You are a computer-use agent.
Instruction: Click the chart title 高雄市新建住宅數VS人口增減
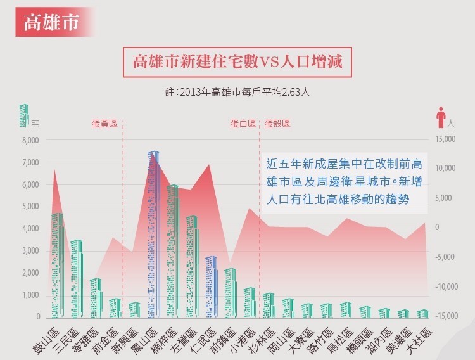click(x=237, y=63)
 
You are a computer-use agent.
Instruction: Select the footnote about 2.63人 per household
click(x=237, y=92)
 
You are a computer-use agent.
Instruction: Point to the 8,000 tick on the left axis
click(x=30, y=140)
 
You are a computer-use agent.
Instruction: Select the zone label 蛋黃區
click(x=104, y=124)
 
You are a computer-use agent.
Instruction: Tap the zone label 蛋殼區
click(x=277, y=124)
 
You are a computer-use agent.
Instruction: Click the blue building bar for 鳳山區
click(x=154, y=235)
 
